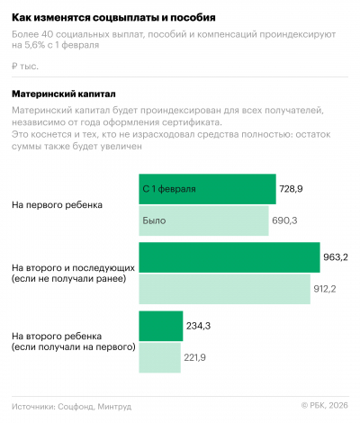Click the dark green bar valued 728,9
[207, 189]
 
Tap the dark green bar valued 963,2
[229, 257]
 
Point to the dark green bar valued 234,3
[160, 326]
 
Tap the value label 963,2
[336, 257]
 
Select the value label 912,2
[325, 289]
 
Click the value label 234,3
[198, 326]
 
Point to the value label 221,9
[196, 357]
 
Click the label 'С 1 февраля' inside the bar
[169, 189]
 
